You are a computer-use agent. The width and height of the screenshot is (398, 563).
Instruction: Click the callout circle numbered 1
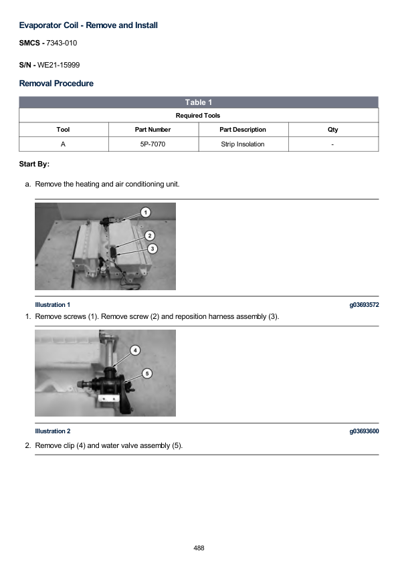click(x=145, y=213)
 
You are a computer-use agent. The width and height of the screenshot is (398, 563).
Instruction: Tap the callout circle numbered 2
click(x=150, y=235)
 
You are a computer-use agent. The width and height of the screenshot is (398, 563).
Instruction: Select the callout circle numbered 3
click(x=153, y=249)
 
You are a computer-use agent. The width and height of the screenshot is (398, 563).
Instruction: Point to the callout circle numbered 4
click(x=135, y=350)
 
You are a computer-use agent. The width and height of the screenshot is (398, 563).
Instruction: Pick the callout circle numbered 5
click(x=147, y=373)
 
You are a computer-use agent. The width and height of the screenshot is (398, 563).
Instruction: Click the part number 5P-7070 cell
click(x=153, y=144)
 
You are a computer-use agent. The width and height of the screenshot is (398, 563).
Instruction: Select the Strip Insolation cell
click(x=243, y=144)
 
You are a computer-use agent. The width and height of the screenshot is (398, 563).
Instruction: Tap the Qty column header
click(x=332, y=130)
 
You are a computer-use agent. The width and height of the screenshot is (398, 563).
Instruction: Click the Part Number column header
click(x=153, y=130)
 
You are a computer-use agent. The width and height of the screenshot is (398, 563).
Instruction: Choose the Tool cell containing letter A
click(x=63, y=144)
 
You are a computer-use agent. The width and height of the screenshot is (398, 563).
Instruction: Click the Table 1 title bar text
click(x=198, y=102)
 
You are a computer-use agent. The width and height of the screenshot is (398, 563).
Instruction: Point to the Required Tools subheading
click(x=198, y=116)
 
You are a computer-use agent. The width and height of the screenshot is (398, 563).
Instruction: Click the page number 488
click(x=199, y=548)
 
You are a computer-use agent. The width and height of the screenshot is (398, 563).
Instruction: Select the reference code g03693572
click(x=365, y=305)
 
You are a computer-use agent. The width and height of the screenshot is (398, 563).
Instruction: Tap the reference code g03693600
click(x=365, y=431)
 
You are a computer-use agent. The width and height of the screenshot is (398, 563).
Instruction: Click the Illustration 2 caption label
click(x=52, y=431)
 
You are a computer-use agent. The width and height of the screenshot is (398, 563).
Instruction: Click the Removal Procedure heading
click(x=56, y=84)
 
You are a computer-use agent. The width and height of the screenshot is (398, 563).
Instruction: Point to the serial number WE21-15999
click(x=59, y=65)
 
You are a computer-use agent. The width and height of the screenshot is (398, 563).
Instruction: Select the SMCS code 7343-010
click(x=62, y=43)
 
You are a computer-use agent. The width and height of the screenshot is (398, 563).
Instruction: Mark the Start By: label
click(x=34, y=164)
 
